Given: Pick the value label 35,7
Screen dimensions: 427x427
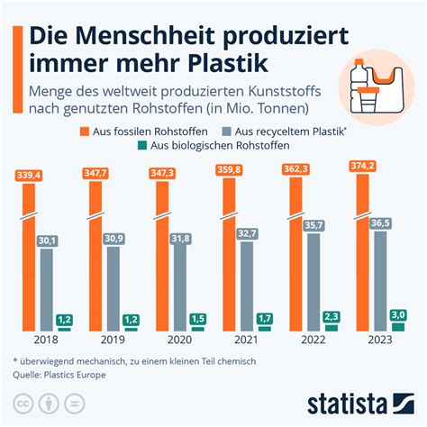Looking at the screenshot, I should pos(314,225).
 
